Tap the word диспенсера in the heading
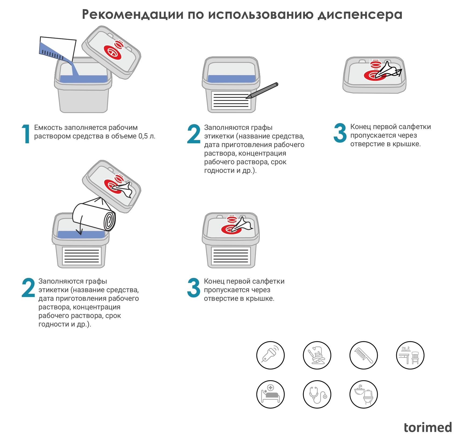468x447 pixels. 360,14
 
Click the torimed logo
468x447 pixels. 428,427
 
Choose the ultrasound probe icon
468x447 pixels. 270,355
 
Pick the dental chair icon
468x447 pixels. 317,355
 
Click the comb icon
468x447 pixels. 363,355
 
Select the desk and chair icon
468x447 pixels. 410,355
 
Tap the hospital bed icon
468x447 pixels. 270,395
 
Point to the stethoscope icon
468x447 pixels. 317,395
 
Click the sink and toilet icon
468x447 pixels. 363,395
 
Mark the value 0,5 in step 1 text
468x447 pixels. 143,136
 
